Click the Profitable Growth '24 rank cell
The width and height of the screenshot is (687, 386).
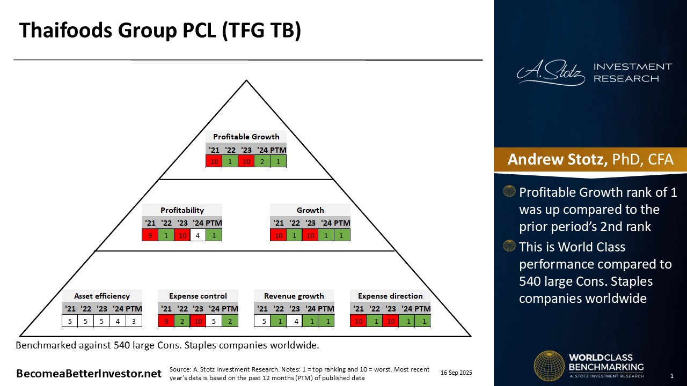coord(262,161)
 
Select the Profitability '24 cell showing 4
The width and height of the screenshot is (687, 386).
coord(198,235)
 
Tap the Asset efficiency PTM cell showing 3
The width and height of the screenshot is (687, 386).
coord(134,321)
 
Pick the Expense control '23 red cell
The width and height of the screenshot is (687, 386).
coord(198,321)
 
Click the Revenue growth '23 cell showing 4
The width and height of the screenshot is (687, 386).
coord(295,321)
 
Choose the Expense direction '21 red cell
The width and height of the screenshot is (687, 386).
coord(358,321)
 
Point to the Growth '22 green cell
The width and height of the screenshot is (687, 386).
coord(295,235)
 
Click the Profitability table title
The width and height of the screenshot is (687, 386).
coord(182,210)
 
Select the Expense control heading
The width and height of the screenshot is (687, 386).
coord(198,296)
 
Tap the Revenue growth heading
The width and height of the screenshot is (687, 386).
coord(294,296)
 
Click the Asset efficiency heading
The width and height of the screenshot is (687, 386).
coord(102,296)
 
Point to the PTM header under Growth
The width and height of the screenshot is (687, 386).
coord(342,223)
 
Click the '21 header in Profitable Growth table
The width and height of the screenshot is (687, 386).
coord(214,150)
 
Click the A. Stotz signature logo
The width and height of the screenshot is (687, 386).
coord(551,72)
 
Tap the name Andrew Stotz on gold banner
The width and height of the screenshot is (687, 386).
coord(558,159)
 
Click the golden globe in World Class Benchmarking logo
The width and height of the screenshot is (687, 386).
coord(549,366)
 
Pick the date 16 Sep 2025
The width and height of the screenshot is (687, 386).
coord(456,373)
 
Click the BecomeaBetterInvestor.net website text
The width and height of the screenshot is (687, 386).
coord(89,374)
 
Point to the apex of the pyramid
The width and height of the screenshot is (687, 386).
coord(246,80)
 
